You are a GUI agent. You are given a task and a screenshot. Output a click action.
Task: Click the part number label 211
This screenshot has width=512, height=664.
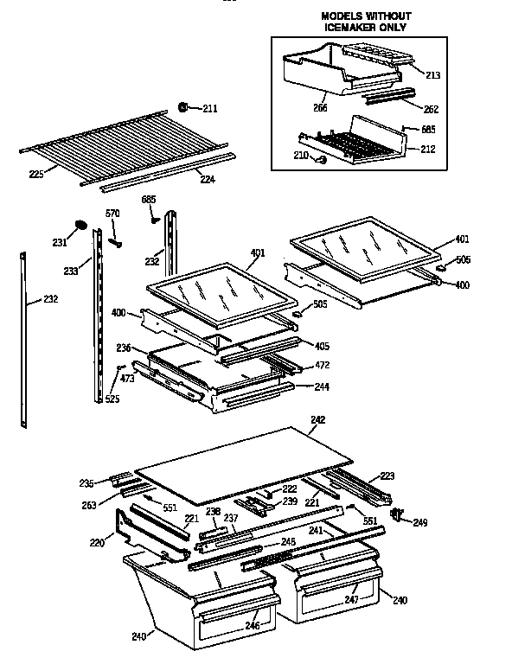(x=210, y=108)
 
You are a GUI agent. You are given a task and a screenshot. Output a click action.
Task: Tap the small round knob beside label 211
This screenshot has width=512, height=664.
(x=184, y=106)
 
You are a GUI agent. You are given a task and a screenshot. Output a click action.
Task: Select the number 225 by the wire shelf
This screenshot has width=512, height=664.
(x=36, y=174)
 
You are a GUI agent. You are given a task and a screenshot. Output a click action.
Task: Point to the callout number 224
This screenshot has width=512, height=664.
(x=208, y=180)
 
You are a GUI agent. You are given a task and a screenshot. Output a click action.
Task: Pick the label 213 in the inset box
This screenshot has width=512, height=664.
(x=432, y=75)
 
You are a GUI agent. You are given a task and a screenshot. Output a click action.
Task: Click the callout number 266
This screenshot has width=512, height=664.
(x=297, y=108)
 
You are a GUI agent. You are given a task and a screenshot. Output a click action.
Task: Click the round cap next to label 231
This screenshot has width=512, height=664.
(x=80, y=226)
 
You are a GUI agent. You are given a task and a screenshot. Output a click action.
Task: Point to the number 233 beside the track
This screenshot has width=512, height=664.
(x=71, y=271)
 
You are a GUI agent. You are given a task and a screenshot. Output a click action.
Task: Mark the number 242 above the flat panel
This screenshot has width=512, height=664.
(x=317, y=421)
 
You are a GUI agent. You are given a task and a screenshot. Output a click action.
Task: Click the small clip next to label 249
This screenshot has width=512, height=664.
(x=398, y=515)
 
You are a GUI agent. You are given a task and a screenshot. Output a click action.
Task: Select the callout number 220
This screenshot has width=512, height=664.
(x=97, y=542)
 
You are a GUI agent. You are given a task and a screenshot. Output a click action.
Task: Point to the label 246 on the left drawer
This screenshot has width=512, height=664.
(x=251, y=624)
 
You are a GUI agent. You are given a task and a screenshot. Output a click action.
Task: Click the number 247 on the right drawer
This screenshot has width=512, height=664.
(x=352, y=597)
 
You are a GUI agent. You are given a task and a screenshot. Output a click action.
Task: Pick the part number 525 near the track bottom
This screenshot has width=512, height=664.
(x=112, y=399)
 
